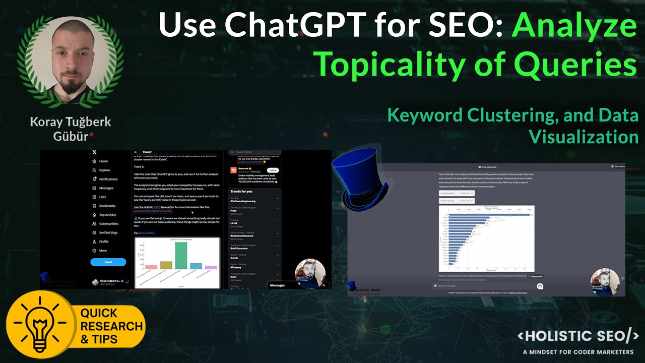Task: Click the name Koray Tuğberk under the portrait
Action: (x=71, y=122)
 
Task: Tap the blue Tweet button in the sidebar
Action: (x=108, y=262)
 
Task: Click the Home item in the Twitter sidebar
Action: (x=103, y=161)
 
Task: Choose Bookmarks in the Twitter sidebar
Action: (x=107, y=206)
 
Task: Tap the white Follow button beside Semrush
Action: (x=273, y=170)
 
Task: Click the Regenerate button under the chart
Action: (x=536, y=276)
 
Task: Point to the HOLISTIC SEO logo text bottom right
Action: (x=578, y=337)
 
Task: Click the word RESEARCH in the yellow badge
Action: (x=111, y=326)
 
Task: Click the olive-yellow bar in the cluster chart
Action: (x=166, y=265)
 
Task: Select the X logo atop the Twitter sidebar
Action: (x=94, y=152)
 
